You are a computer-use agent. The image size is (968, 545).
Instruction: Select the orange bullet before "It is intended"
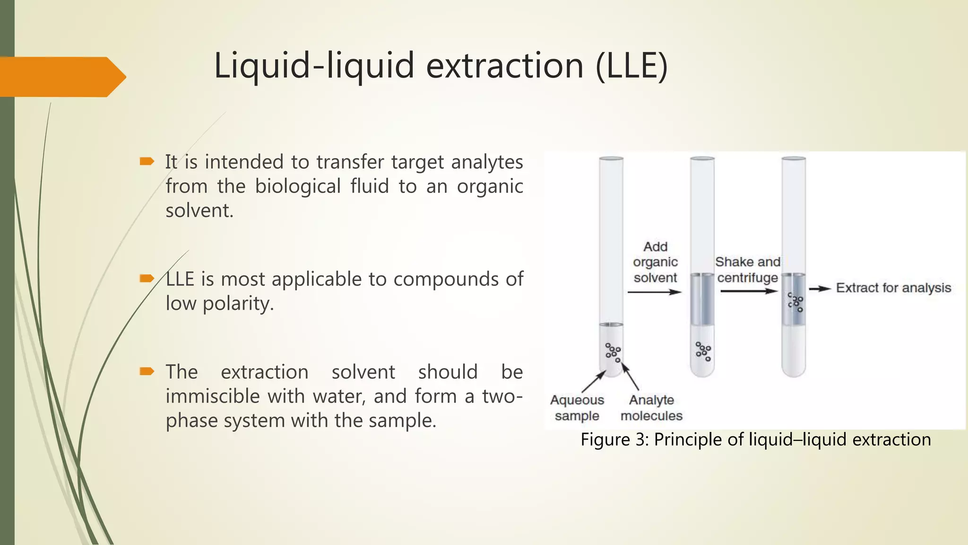pyautogui.click(x=147, y=162)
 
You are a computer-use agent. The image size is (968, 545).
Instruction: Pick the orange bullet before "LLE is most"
pyautogui.click(x=147, y=278)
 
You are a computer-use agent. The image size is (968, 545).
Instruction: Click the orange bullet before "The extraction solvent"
pyautogui.click(x=147, y=371)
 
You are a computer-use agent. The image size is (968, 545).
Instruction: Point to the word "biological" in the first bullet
pyautogui.click(x=298, y=186)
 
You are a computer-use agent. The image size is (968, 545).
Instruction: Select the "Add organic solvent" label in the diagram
pyautogui.click(x=655, y=262)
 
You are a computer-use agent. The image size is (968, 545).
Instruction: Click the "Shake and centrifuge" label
pyautogui.click(x=747, y=270)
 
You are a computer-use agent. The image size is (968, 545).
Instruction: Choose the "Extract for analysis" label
pyautogui.click(x=893, y=288)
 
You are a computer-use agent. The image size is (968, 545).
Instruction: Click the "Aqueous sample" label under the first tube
pyautogui.click(x=577, y=408)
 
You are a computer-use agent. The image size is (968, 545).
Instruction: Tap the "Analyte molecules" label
pyautogui.click(x=651, y=408)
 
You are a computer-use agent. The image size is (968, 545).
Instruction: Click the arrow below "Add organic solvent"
pyautogui.click(x=654, y=292)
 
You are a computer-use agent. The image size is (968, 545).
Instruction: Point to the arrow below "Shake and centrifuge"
pyautogui.click(x=748, y=291)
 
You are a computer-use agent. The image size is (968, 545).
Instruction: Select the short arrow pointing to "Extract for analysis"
pyautogui.click(x=820, y=289)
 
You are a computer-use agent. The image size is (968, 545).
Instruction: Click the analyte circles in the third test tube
pyautogui.click(x=795, y=302)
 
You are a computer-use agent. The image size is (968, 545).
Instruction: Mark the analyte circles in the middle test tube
pyautogui.click(x=703, y=351)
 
